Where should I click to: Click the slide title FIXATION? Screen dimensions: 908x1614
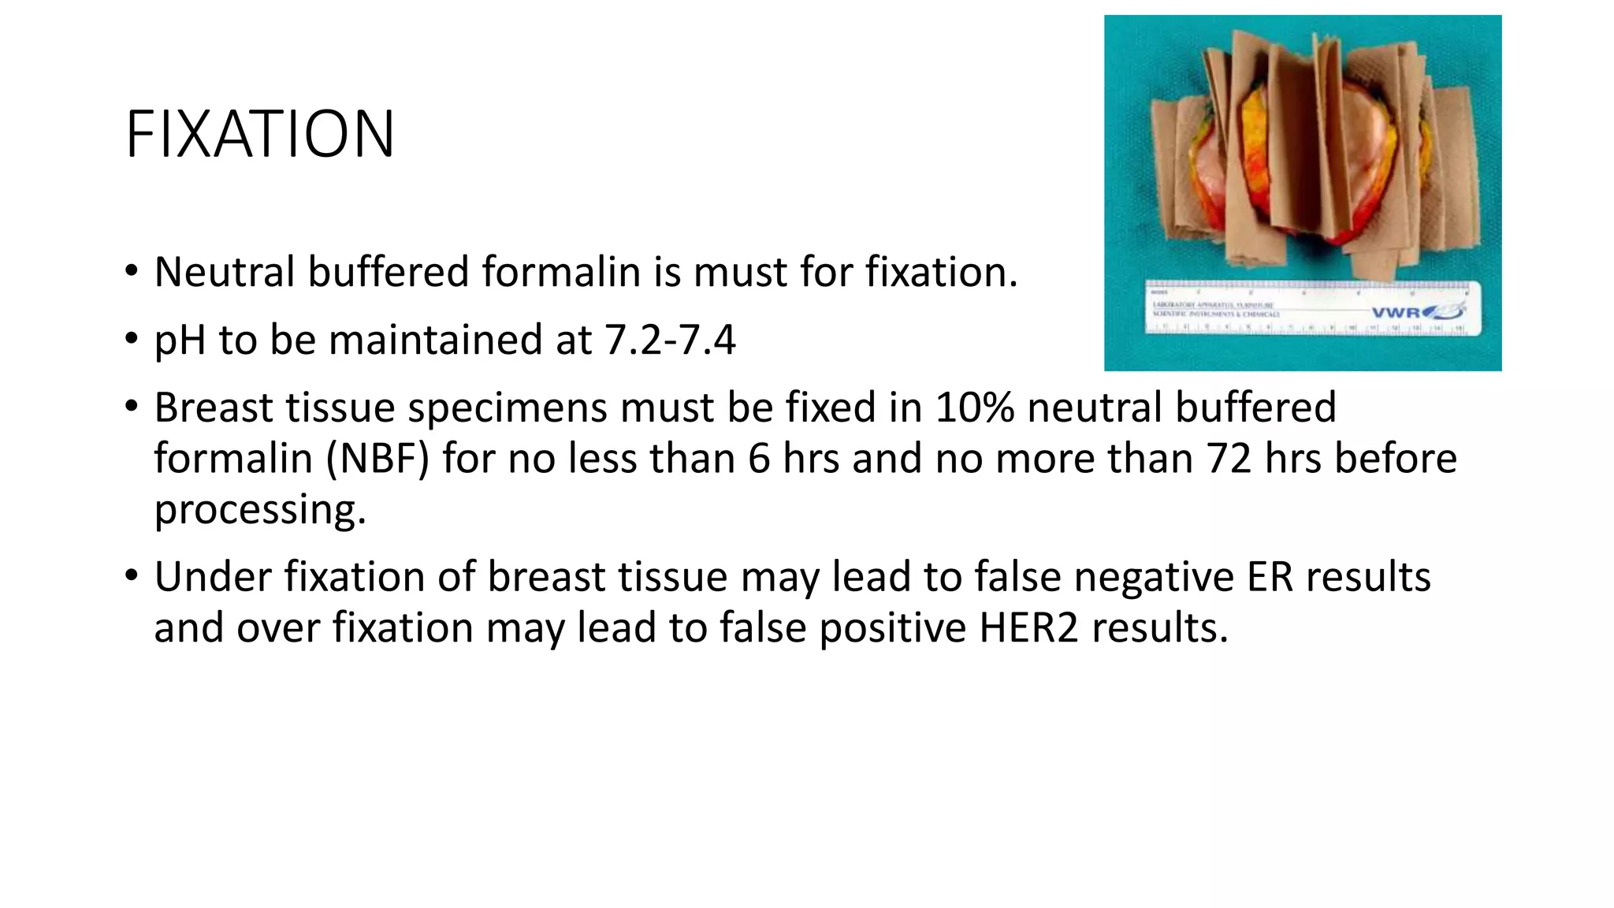259,135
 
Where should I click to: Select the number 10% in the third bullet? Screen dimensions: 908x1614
974,407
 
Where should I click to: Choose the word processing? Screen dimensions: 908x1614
260,510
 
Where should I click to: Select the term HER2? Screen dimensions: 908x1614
1028,628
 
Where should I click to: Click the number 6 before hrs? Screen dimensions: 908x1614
758,459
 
